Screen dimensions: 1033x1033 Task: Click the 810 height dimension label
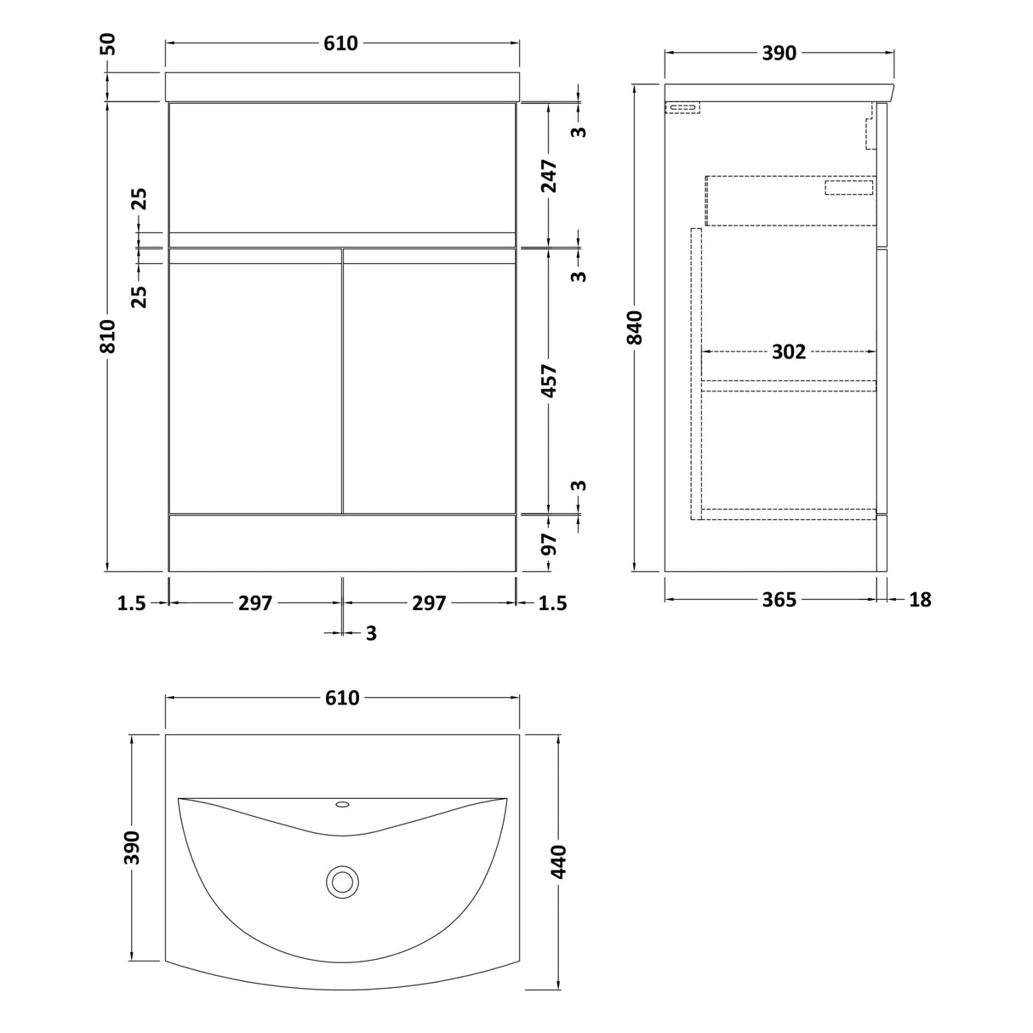(108, 335)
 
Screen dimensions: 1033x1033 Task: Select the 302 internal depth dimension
(789, 351)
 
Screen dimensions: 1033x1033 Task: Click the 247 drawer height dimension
(549, 175)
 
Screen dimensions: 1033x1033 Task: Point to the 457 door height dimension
(549, 380)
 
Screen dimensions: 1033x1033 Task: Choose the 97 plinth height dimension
(549, 545)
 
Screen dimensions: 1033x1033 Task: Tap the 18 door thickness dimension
(920, 600)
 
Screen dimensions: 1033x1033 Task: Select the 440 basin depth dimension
(559, 861)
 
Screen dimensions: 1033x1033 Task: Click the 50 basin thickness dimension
(108, 44)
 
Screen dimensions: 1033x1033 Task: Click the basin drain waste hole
(342, 882)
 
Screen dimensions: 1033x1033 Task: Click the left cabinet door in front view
(255, 380)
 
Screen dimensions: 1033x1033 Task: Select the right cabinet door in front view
(430, 380)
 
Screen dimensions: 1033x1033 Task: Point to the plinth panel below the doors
(343, 543)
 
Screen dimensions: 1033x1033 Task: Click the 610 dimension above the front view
(340, 43)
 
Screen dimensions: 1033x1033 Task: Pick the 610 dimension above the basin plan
(342, 698)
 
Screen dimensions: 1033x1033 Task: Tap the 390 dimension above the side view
(779, 53)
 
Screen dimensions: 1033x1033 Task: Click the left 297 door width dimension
(255, 603)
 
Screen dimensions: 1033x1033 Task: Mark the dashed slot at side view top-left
(682, 108)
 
